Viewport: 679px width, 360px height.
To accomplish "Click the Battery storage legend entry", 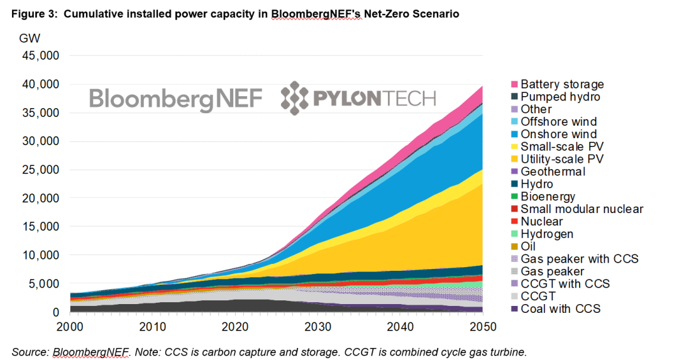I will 562,84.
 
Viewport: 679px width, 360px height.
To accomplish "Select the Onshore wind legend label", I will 559,134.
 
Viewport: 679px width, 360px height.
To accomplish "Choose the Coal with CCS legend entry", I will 560,308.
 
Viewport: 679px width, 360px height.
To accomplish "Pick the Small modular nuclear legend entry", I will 582,209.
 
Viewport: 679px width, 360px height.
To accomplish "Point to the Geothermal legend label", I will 553,172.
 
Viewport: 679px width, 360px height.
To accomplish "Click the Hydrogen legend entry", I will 547,234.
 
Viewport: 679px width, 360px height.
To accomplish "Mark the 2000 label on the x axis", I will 70,327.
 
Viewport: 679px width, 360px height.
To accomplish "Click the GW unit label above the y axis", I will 30,38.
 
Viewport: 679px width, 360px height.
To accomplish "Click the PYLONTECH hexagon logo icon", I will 294,99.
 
